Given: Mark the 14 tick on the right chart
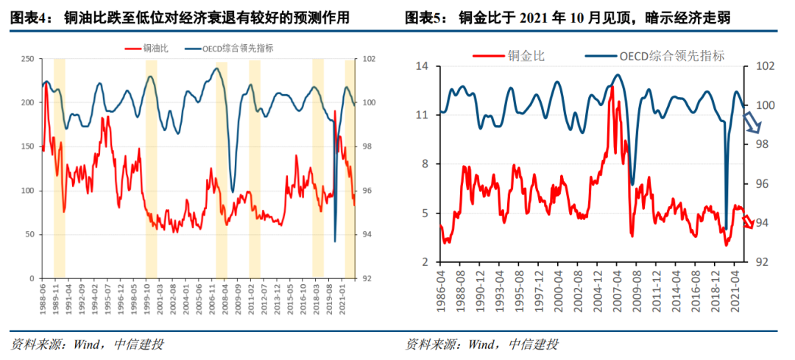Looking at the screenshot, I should pos(423,66).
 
